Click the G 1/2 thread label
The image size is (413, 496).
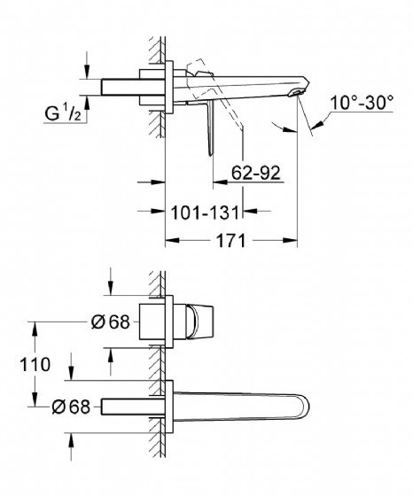pos(63,113)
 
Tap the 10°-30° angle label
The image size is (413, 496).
pos(362,103)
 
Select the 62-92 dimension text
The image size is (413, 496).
pos(256,173)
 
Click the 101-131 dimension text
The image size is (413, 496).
pos(205,213)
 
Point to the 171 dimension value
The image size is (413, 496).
pos(230,241)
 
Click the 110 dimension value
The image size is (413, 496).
pos(35,364)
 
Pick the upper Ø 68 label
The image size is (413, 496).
pos(111,322)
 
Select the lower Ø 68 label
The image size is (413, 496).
pos(71,407)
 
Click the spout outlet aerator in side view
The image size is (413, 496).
pos(297,93)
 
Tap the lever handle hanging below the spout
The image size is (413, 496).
pos(210,128)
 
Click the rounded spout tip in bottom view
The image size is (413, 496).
pos(302,407)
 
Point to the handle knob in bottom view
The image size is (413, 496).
pos(200,322)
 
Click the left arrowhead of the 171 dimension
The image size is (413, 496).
pos(172,240)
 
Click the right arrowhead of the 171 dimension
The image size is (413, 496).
pos(291,240)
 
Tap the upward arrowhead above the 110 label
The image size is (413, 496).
pos(35,329)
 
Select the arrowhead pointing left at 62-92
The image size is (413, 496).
pos(220,182)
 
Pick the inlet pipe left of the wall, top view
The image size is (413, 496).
pos(133,87)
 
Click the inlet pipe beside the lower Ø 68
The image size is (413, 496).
pos(133,407)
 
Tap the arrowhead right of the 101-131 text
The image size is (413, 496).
pos(250,211)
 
